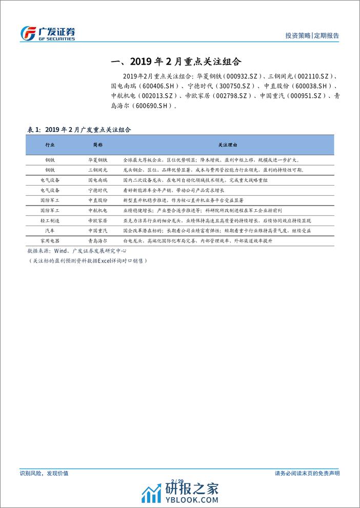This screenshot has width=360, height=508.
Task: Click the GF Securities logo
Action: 47,33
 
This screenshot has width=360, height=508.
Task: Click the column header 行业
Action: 50,145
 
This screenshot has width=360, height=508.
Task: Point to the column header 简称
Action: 97,145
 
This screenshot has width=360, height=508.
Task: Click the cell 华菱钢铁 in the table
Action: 97,160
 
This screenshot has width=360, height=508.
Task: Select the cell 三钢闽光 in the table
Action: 97,170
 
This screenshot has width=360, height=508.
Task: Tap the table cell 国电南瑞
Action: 97,180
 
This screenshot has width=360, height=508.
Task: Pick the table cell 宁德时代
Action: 97,190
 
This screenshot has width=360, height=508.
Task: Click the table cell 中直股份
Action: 97,200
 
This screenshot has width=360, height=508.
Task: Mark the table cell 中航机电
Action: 97,210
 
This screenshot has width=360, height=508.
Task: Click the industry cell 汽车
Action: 50,230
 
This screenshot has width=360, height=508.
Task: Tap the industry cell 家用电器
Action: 50,240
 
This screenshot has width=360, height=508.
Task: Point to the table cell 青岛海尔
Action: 97,240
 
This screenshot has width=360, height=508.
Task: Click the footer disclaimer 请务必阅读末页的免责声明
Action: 307,473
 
